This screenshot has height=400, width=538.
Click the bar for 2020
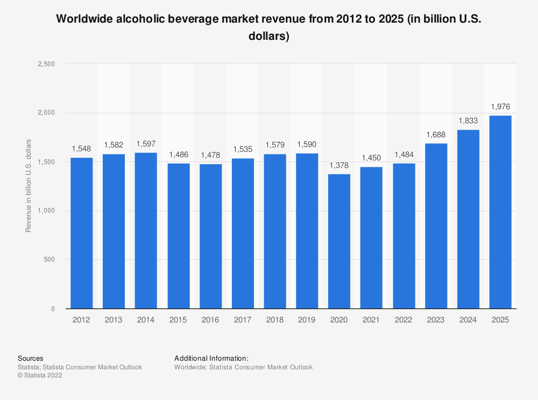point(339,241)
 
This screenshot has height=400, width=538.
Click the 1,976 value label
point(500,107)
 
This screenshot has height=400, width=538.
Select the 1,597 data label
point(146,144)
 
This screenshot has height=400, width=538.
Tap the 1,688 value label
point(436,135)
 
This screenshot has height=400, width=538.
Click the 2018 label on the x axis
point(275,320)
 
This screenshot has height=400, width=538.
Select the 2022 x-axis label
point(403,320)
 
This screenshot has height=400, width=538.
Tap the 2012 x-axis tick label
point(81,320)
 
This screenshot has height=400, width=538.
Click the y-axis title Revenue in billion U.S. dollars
point(28,186)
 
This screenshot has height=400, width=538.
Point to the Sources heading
point(31,358)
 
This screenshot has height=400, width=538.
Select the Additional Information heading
point(211,358)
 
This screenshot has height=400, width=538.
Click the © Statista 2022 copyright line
point(40,376)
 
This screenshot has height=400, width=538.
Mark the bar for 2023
point(436,226)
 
